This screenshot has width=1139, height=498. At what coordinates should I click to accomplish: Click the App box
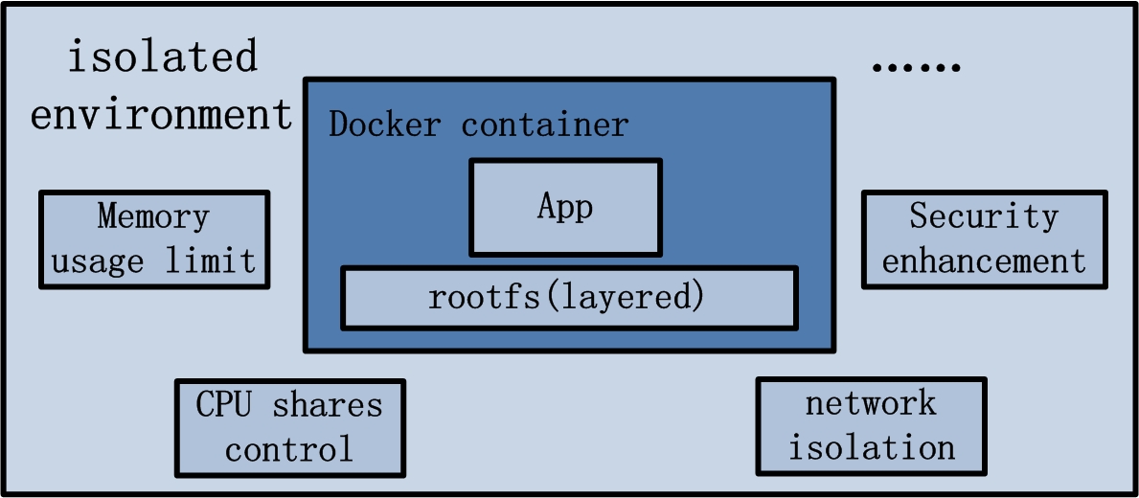pos(565,208)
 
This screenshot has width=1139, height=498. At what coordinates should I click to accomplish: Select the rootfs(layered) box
pos(569,298)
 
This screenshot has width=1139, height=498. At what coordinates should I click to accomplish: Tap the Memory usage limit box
pos(154,239)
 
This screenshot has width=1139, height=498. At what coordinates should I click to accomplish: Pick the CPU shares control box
pos(289,427)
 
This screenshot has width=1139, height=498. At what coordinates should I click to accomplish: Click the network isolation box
pos(871,426)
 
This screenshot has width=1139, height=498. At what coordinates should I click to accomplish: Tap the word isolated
pos(162,57)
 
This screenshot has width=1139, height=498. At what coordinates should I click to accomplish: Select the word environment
pos(161,114)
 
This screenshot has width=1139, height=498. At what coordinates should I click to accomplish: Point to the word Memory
pos(153,216)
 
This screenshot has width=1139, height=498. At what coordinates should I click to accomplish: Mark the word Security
pos(984,216)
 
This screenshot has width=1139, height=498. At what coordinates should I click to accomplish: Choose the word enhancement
pos(984,260)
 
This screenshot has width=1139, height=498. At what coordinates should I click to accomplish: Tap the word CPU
pos(224,405)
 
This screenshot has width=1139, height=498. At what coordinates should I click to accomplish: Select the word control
pos(289,449)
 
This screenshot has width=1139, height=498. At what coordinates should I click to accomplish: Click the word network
pos(871,403)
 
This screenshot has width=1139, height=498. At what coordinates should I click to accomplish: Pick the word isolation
pos(871,447)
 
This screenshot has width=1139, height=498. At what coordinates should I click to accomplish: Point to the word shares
pos(327,405)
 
